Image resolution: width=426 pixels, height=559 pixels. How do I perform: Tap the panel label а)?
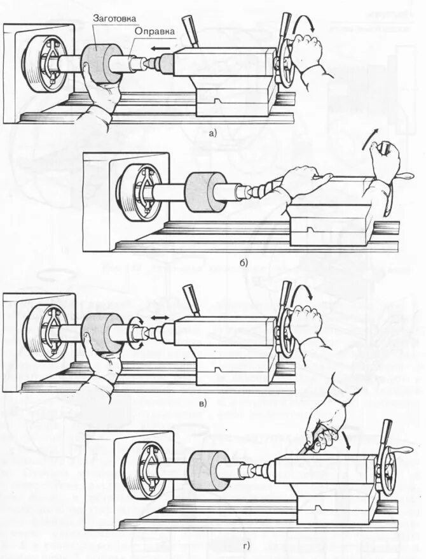[x=212, y=133]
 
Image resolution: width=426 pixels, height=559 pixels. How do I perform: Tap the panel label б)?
[x=244, y=262]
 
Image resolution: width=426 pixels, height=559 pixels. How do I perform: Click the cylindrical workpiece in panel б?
[x=205, y=192]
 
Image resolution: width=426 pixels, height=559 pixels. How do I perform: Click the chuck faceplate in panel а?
[x=45, y=64]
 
